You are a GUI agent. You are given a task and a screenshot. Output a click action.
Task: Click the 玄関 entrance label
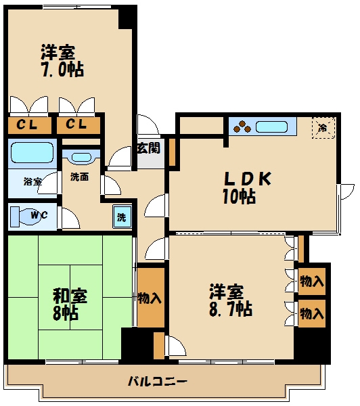[149, 148]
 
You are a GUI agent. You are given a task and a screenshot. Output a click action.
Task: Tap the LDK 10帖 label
[246, 187]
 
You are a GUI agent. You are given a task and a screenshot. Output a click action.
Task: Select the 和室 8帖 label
[70, 304]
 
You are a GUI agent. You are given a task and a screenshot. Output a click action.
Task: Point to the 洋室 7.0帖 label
[62, 61]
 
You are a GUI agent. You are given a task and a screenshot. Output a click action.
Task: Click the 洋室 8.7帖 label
[231, 300]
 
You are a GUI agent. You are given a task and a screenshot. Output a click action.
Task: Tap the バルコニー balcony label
[158, 381]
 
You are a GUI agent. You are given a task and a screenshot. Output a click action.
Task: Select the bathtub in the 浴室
[32, 153]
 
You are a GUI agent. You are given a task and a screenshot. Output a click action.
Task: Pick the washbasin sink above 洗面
[81, 157]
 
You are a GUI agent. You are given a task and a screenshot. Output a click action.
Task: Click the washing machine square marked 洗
[122, 217]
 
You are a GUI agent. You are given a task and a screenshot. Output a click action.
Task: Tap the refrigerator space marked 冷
[323, 128]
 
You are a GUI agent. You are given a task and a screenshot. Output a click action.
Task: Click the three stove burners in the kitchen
[242, 127]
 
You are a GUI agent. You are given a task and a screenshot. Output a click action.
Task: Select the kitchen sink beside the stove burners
[271, 127]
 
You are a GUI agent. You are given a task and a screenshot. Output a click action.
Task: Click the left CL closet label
[26, 125]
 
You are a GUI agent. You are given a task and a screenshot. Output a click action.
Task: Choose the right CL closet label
[76, 125]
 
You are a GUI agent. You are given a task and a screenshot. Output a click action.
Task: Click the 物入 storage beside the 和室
[150, 298]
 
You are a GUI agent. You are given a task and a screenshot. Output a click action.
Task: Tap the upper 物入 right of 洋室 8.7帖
[312, 281]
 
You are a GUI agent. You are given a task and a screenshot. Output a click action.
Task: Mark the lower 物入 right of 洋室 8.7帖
[312, 313]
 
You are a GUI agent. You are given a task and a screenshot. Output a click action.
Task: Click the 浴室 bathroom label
[32, 181]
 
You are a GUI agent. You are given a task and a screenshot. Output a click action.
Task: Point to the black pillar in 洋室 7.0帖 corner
[126, 19]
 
